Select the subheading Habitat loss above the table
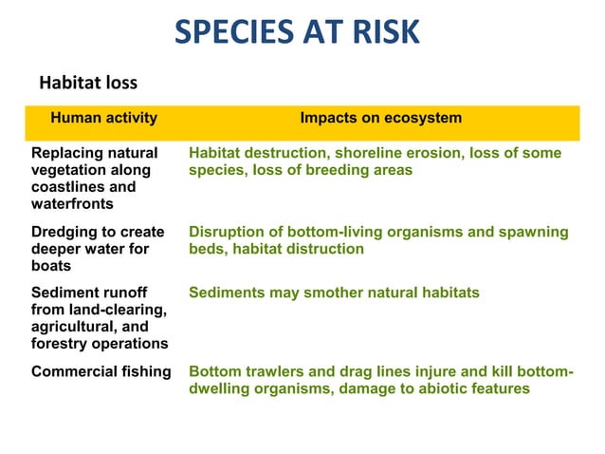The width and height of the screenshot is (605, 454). (87, 84)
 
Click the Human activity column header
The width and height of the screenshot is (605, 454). (103, 119)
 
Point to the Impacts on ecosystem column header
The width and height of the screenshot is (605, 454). (380, 119)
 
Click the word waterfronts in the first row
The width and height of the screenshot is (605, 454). (72, 203)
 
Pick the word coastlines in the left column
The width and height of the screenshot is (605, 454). (66, 186)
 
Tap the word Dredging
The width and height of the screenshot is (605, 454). (64, 232)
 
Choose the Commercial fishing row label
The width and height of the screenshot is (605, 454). (101, 371)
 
